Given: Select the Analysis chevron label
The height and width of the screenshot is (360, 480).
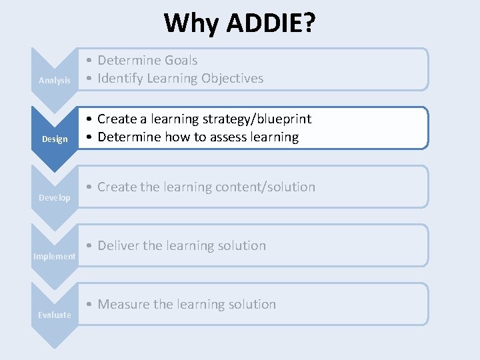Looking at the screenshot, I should pos(55,81).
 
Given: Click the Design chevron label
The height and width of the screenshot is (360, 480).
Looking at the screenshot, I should pos(55,139).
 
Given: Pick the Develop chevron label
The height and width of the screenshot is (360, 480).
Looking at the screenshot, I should pos(55,198).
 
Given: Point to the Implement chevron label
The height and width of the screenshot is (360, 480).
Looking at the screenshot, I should pos(55,257).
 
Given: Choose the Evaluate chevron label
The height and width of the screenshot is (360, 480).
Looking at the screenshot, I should pos(55,315).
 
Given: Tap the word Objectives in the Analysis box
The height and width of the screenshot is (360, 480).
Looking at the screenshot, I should pos(230,79).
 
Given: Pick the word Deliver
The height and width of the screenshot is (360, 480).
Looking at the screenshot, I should pos(118,246).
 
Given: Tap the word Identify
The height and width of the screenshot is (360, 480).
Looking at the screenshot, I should pos(121,79).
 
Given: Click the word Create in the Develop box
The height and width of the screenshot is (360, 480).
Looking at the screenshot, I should pos(117,187).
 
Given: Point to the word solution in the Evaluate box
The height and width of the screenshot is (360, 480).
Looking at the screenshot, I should pos(251,305).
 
